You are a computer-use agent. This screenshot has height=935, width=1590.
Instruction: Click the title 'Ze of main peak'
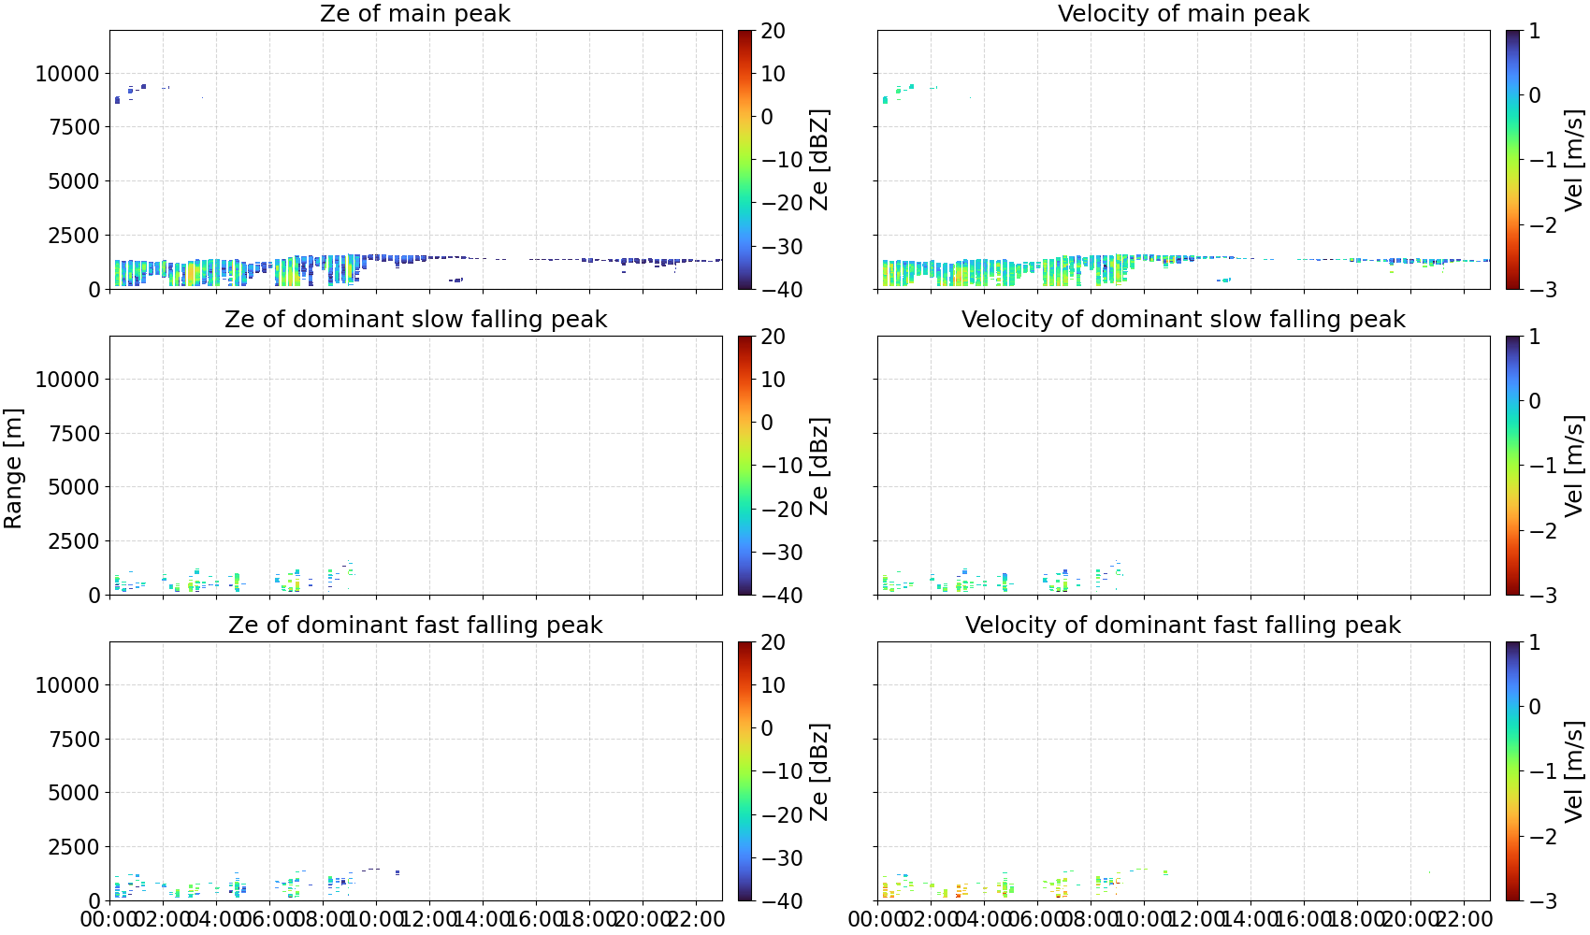(x=415, y=13)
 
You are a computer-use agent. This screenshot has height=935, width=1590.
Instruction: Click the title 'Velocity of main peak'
(x=1183, y=13)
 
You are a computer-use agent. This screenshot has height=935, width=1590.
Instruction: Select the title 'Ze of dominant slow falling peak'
(x=415, y=319)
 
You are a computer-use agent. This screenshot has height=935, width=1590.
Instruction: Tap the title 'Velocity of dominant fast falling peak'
(x=1183, y=625)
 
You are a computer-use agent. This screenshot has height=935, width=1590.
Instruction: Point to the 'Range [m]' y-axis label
(x=13, y=468)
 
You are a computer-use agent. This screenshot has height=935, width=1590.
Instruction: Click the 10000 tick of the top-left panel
(x=67, y=74)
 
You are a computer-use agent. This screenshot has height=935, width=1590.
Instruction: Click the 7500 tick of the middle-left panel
(x=74, y=434)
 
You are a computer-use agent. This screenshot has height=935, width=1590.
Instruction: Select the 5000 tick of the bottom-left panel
(x=74, y=793)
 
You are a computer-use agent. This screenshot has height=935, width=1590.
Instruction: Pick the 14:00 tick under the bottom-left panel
(x=483, y=919)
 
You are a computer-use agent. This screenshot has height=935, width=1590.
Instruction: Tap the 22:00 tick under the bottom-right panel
(x=1464, y=919)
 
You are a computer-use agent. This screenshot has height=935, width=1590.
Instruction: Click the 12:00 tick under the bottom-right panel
(x=1197, y=919)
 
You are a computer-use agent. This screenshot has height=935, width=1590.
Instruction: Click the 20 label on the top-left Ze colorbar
(x=773, y=31)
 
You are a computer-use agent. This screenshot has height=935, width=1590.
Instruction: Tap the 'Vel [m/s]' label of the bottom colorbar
(x=1574, y=771)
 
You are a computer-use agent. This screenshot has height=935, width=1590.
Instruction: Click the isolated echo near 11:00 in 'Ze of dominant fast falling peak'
(x=397, y=872)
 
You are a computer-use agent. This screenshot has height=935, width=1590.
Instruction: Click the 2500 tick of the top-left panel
(x=74, y=236)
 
